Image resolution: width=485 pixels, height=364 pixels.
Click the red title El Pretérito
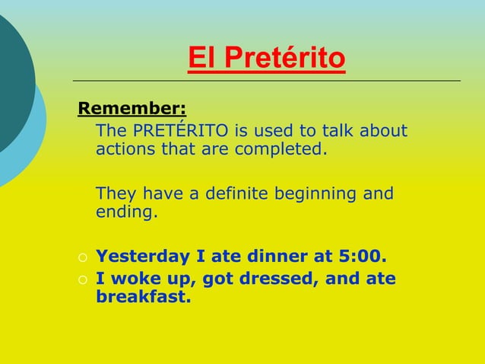(266, 58)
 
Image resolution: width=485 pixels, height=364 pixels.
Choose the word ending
(127, 211)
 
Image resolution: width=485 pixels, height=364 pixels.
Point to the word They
(115, 193)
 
